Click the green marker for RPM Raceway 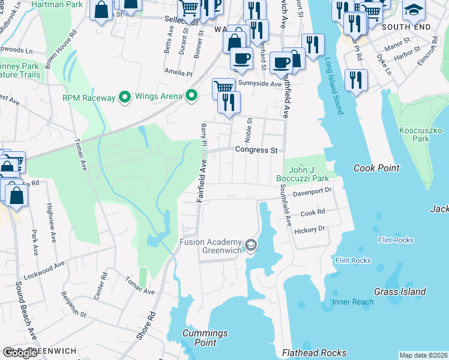(x=125, y=96)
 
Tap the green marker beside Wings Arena (x=191, y=95)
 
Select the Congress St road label (x=258, y=149)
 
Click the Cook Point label (x=376, y=168)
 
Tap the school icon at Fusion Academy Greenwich (x=250, y=245)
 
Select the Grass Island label (x=400, y=292)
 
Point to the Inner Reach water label (x=353, y=302)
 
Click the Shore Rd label (x=146, y=326)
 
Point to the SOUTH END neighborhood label (x=406, y=28)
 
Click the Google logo (x=20, y=353)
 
